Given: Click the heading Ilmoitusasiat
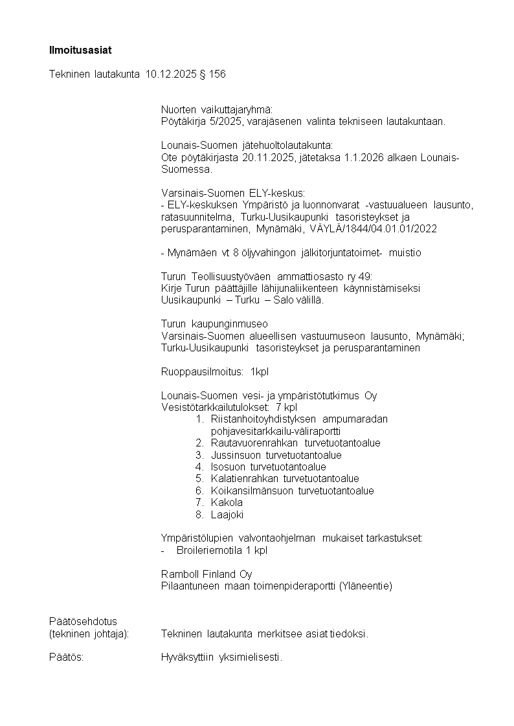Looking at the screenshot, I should tap(76, 50).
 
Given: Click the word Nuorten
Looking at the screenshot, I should tap(179, 109).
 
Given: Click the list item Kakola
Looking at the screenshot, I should tap(227, 503).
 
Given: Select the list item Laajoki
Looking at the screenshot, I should tap(227, 515).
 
